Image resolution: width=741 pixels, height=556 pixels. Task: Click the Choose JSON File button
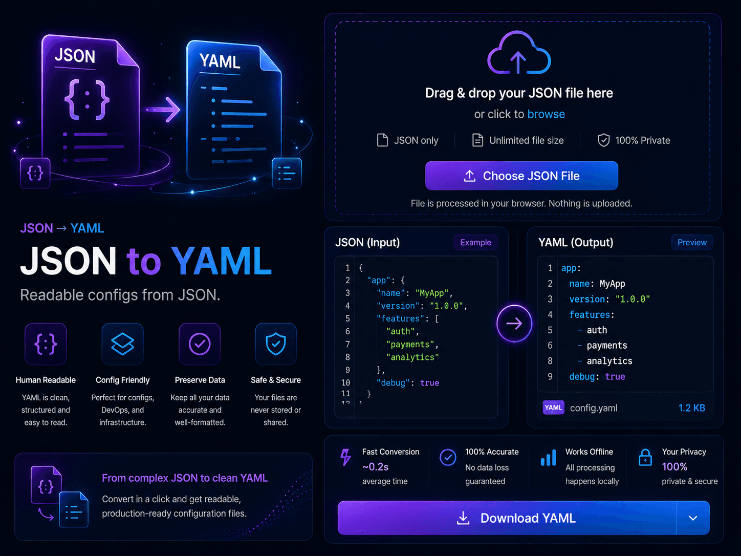coord(521,176)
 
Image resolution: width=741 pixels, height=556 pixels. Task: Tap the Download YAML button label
coord(528,518)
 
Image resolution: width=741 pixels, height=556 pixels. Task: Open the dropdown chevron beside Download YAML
coord(693,518)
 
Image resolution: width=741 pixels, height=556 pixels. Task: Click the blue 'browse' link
coord(546,114)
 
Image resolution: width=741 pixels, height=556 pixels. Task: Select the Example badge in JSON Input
coord(475,242)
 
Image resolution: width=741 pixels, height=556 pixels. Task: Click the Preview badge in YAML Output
coord(692,242)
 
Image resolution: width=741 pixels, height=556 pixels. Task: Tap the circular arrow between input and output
coord(514,324)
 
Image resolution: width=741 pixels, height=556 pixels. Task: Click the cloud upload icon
coord(519,53)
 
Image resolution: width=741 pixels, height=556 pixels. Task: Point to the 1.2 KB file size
coord(692,408)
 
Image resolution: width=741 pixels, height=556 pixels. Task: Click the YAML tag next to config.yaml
coord(553,408)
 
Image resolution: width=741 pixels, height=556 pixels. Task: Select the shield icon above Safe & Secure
coord(276,344)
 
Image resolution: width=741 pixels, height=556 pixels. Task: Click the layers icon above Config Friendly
coord(122,344)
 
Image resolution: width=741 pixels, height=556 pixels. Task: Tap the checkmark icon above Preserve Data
coord(200,344)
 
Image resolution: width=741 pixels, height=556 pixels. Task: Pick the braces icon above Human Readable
coord(46,344)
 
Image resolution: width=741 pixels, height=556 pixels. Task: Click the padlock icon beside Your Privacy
coord(645,457)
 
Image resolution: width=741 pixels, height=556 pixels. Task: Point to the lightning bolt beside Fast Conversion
coord(345,457)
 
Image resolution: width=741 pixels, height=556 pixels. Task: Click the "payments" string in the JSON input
coord(410,345)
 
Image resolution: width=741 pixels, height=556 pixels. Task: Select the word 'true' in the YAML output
coord(615,376)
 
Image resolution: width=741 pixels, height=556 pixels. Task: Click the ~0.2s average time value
coord(376,466)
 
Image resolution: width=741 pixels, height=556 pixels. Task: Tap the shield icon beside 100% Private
coord(604,140)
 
